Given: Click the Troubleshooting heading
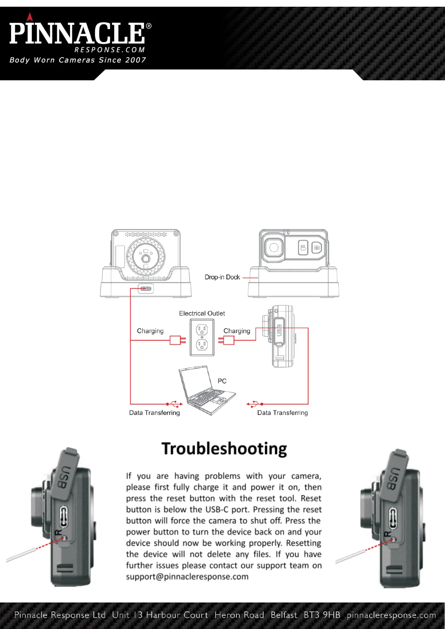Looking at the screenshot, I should pyautogui.click(x=224, y=449).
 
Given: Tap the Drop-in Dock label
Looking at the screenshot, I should pyautogui.click(x=222, y=277).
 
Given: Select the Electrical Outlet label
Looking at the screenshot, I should pyautogui.click(x=202, y=313).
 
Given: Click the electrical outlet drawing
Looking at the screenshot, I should pyautogui.click(x=202, y=337).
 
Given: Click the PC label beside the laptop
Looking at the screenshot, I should pyautogui.click(x=222, y=381).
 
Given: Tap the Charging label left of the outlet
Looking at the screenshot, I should pyautogui.click(x=150, y=331).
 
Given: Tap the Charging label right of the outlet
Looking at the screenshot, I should pyautogui.click(x=237, y=331).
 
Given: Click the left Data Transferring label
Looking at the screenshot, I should pyautogui.click(x=154, y=413).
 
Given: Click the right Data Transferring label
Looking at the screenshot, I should pyautogui.click(x=282, y=413).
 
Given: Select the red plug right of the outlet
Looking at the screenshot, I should pyautogui.click(x=227, y=340).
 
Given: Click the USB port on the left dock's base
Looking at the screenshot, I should pyautogui.click(x=146, y=289).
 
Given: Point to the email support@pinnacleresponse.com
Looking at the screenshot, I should pyautogui.click(x=187, y=577).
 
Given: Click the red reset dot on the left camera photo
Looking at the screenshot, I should pyautogui.click(x=64, y=538).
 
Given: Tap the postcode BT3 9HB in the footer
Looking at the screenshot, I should pyautogui.click(x=322, y=615).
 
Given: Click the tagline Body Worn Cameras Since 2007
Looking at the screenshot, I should pyautogui.click(x=78, y=60).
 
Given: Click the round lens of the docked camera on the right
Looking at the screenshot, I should pyautogui.click(x=274, y=248).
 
